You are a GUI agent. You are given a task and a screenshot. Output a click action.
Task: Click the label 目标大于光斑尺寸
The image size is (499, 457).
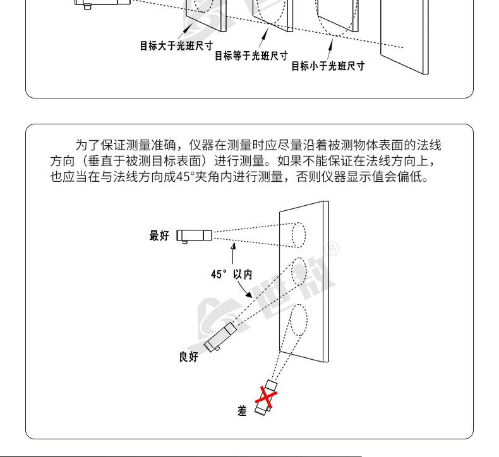[x=176, y=46]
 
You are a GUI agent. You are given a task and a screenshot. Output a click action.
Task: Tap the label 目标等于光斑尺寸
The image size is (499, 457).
[x=251, y=56]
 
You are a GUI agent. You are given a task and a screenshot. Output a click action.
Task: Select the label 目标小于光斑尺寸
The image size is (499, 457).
[x=327, y=66]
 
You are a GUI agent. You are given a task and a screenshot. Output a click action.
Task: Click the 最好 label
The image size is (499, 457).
[x=159, y=236]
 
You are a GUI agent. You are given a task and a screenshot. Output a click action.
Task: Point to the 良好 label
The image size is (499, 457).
[x=188, y=357]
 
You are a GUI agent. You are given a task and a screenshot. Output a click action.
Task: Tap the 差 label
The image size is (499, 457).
[x=242, y=411]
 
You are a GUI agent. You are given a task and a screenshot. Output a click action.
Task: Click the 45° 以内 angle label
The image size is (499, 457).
[x=231, y=275]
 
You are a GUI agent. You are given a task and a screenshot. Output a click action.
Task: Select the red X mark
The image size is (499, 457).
[x=267, y=398]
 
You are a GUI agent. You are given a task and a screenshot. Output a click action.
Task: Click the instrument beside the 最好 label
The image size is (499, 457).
[x=194, y=236]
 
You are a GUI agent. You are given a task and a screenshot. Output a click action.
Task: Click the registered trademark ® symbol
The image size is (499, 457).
[x=334, y=249]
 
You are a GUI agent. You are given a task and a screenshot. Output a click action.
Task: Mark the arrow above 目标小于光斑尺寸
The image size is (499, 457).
[x=328, y=49]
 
